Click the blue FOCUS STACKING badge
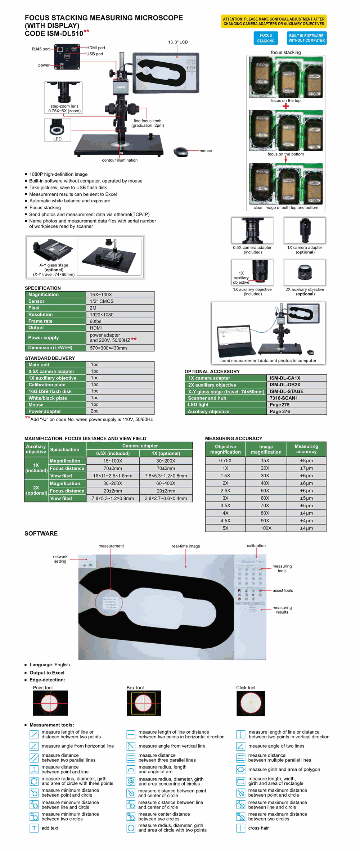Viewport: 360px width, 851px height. point(266,38)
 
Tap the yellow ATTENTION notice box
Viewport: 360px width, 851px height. point(274,22)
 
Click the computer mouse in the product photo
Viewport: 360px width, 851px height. point(181,152)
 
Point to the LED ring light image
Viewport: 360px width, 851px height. point(57,129)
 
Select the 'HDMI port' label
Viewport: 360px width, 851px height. point(96,48)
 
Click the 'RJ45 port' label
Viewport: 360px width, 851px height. point(41,49)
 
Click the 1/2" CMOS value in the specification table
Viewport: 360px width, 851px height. point(102,301)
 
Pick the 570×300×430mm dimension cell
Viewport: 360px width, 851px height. point(108,348)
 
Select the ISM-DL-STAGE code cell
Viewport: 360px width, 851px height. point(287,391)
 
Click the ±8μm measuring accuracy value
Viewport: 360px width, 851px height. point(306,461)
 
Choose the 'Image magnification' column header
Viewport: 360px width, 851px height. point(266,449)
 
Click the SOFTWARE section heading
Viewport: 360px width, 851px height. point(41,533)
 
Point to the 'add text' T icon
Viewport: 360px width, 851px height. point(34,828)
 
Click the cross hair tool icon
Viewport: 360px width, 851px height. point(240,828)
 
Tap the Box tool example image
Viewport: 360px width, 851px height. point(144,703)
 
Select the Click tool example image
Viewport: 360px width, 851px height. point(251,703)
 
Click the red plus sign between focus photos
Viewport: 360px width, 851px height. point(286,106)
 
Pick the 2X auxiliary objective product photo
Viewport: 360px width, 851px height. point(305,273)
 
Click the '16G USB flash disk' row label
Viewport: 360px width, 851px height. point(50,391)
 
